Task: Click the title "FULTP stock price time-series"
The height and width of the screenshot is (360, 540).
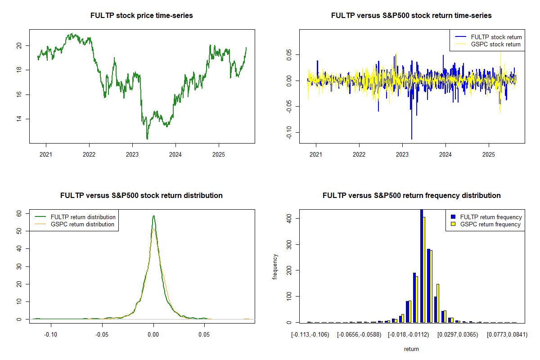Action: (142, 15)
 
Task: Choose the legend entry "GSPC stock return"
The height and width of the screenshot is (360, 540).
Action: (495, 44)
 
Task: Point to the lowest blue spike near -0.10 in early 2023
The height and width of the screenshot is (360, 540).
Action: (411, 138)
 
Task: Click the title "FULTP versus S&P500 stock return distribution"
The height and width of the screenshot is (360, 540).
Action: (142, 195)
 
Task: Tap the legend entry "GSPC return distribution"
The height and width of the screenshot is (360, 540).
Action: (82, 224)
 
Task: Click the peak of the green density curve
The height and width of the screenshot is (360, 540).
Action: (153, 216)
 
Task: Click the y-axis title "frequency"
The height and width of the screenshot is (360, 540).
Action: (275, 266)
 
